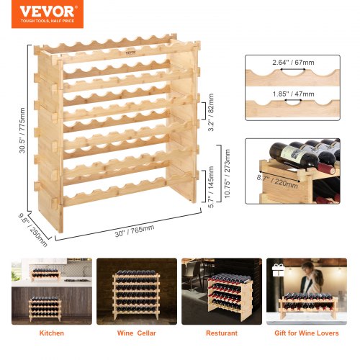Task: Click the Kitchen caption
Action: [x=51, y=333]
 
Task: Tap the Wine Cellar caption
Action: [x=135, y=333]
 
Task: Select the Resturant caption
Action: [x=221, y=333]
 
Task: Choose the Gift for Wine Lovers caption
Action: [x=306, y=333]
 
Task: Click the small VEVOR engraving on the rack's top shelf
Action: [x=109, y=53]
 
